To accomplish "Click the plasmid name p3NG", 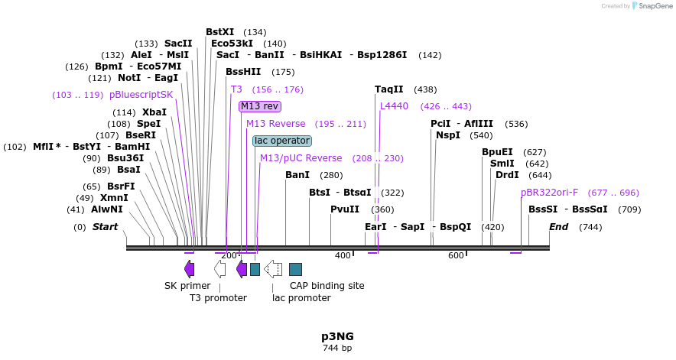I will coord(337,336).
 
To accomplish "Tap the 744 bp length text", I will coord(337,348).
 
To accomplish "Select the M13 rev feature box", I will coord(259,106).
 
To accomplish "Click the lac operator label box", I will coord(281,141).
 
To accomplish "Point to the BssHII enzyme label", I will coord(243,72).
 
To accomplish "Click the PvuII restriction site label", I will coord(345,209).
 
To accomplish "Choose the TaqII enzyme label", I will coord(389,89).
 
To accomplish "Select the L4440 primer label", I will coord(394,106).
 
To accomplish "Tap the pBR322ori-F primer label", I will coord(549,193).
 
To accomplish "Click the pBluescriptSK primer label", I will coord(141,95).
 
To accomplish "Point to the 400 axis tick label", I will coord(342,255).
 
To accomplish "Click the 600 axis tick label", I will coord(456,255).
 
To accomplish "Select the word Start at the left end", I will coord(106,227).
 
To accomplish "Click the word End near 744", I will coord(558,227).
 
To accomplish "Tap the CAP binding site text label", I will coord(327,286).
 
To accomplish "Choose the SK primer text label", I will coord(187,286).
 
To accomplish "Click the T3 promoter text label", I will coord(218,298).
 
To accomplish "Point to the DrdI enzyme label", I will coord(507,175).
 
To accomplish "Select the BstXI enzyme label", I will coord(219,32).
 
